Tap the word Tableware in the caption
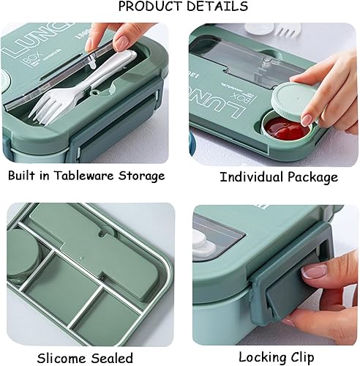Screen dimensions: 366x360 point(91,176)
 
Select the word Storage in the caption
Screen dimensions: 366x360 point(144,176)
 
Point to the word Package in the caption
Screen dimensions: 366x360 point(312,178)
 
